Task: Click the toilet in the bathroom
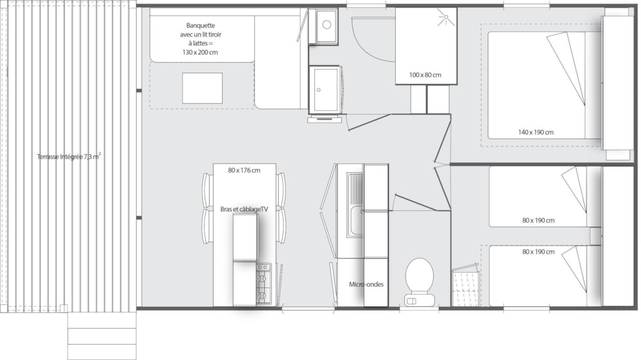(419, 282)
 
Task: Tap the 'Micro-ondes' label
(366, 284)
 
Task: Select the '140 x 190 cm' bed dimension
(536, 132)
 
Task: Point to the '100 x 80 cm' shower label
(425, 75)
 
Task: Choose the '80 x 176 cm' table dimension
(244, 170)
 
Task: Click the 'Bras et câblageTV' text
(244, 209)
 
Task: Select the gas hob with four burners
(264, 284)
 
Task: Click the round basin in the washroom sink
(326, 24)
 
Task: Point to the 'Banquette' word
(200, 26)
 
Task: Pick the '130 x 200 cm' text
(200, 52)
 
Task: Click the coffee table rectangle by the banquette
(202, 88)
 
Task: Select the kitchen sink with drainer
(354, 205)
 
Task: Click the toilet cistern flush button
(411, 301)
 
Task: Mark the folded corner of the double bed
(566, 68)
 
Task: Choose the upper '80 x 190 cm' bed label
(538, 220)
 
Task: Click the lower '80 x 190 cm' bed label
(538, 252)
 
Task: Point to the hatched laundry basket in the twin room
(465, 285)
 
